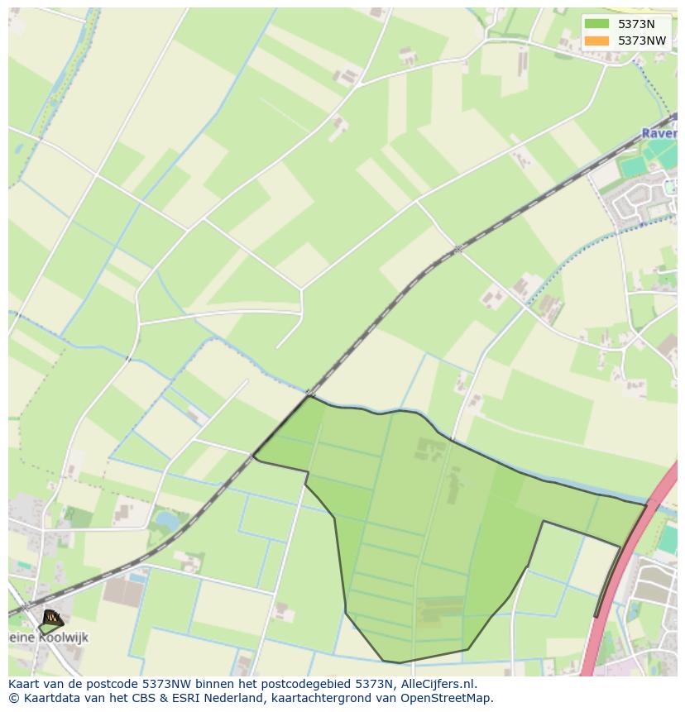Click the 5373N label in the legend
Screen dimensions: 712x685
636,24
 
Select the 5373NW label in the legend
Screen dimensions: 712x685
642,41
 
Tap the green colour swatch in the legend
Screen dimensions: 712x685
596,24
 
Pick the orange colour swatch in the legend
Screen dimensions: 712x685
596,41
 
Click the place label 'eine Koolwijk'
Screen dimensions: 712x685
50,638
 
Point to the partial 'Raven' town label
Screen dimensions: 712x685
659,133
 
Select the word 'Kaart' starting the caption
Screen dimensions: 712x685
25,684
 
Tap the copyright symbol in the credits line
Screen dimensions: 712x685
14,698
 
